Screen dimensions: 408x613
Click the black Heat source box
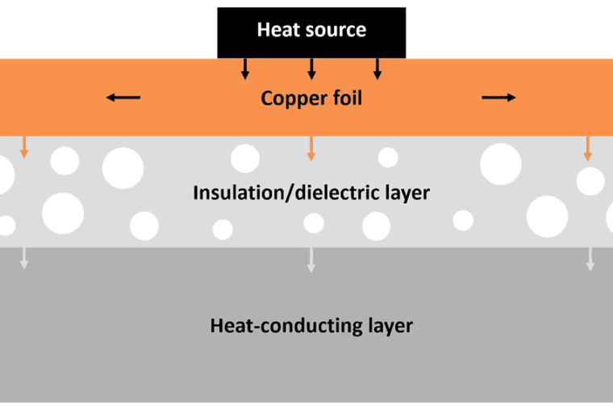(311, 32)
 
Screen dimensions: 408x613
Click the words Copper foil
(311, 99)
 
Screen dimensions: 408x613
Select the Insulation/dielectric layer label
(311, 194)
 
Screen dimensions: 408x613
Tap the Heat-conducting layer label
(311, 327)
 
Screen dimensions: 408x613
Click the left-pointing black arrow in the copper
(123, 98)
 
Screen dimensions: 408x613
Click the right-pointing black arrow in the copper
(498, 98)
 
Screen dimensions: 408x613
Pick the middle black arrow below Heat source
(311, 69)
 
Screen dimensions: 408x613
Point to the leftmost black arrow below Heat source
(245, 69)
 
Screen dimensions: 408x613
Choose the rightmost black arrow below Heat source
(377, 69)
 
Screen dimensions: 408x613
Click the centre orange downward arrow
(311, 147)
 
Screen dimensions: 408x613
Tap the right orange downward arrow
(588, 147)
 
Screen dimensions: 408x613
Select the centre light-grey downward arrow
(311, 258)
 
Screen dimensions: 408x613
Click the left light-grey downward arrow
(25, 257)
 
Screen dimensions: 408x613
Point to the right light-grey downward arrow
(590, 258)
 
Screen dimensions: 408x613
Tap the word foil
(345, 99)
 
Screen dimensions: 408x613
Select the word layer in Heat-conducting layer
(387, 327)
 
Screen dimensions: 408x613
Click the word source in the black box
(332, 31)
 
